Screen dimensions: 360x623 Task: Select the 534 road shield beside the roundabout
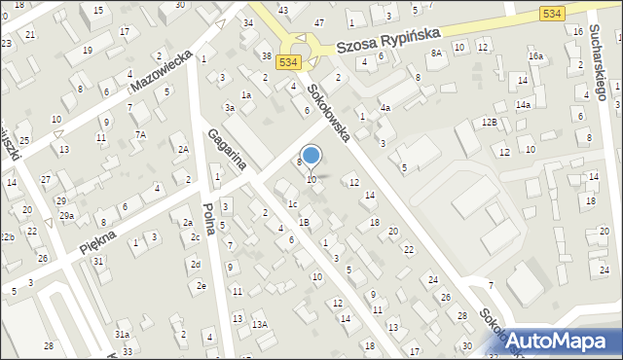tap(287, 61)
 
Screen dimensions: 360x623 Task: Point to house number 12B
tap(490, 122)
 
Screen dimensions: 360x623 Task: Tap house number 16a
tap(535, 56)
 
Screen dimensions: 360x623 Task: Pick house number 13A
tap(259, 324)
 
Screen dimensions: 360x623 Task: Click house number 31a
tap(123, 334)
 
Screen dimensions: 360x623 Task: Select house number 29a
tap(66, 215)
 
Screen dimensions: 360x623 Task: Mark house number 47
tap(319, 21)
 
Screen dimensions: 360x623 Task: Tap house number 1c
tap(292, 203)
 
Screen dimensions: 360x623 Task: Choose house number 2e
tap(201, 285)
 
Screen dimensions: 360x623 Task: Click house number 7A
tap(140, 134)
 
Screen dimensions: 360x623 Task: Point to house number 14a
tap(523, 104)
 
